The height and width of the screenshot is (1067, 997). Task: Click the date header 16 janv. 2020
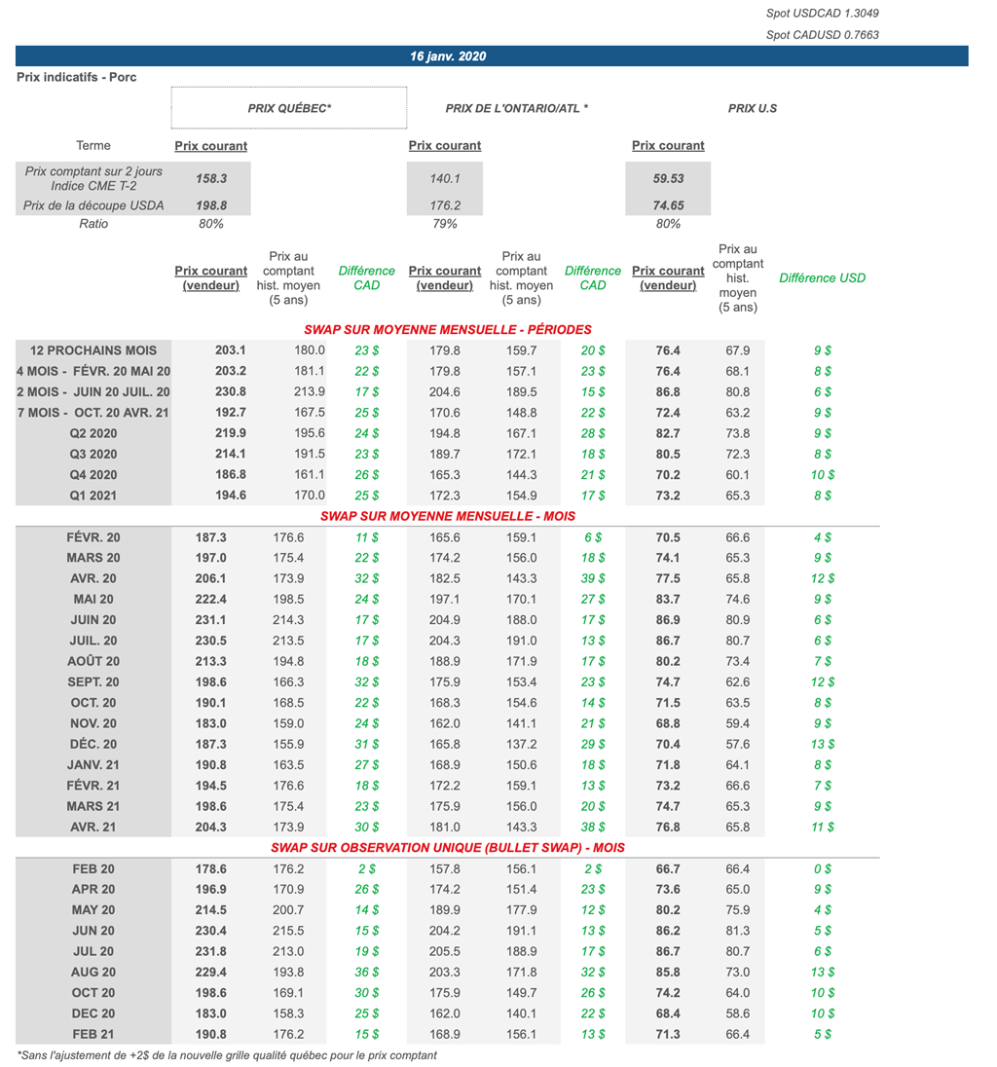(x=448, y=56)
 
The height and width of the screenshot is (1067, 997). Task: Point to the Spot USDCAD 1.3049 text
(x=822, y=14)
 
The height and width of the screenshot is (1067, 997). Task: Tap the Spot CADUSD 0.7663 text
(x=822, y=35)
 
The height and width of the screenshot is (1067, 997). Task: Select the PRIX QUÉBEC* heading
(x=289, y=108)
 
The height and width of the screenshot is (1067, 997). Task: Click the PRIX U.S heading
(x=753, y=108)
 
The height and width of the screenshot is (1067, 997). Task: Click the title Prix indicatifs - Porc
(x=77, y=77)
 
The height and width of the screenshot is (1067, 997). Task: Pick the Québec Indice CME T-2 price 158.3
(x=211, y=179)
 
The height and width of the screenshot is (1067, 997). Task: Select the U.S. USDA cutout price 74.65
(x=668, y=205)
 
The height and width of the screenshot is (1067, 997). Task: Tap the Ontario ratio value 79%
(x=444, y=224)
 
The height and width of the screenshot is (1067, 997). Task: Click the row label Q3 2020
(x=93, y=454)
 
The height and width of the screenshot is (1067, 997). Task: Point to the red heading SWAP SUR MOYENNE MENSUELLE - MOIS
(x=448, y=516)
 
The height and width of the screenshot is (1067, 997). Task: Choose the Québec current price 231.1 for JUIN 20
(x=211, y=620)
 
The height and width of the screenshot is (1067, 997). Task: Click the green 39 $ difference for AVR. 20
(x=592, y=578)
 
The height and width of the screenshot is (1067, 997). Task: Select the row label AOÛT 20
(x=93, y=661)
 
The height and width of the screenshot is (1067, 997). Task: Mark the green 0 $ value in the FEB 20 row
(x=822, y=868)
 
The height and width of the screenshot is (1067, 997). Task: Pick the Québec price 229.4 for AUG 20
(x=211, y=972)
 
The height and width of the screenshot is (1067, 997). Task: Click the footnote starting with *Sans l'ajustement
(x=227, y=1054)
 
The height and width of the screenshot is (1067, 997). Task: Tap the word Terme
(x=93, y=146)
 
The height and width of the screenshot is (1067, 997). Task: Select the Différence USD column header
(x=822, y=277)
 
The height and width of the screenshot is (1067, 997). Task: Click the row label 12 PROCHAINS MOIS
(x=93, y=350)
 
